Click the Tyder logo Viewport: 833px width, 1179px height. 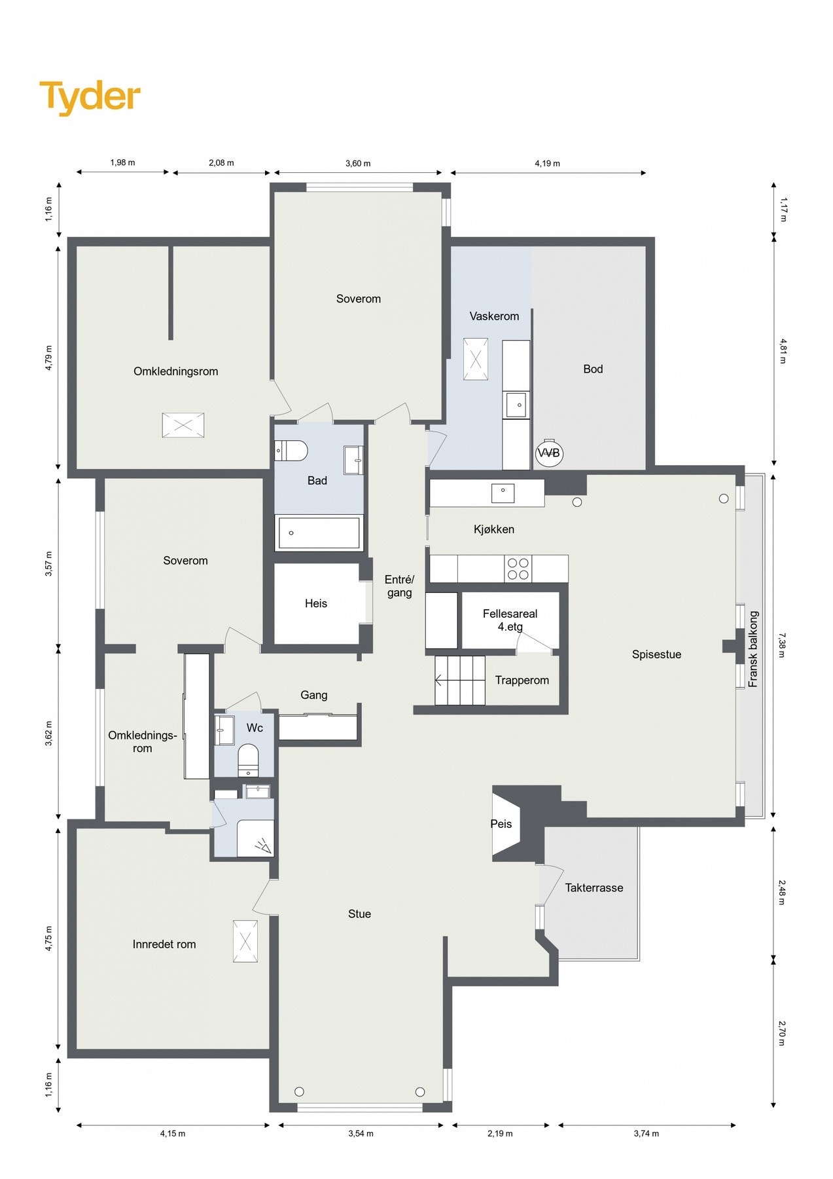[90, 97]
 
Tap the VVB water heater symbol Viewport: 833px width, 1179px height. [548, 453]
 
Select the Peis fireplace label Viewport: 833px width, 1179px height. [501, 824]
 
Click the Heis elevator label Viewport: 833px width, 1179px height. [316, 603]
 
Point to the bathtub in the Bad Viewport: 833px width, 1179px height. [319, 533]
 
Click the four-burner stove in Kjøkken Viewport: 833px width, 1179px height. [518, 569]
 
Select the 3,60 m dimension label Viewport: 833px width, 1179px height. [358, 164]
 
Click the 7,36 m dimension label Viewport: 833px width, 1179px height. [782, 646]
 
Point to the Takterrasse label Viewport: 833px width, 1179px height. [594, 888]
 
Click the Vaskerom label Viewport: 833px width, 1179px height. [494, 316]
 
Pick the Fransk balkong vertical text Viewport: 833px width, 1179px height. [753, 649]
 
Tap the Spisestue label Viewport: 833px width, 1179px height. [656, 654]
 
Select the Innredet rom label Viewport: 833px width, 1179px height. [164, 944]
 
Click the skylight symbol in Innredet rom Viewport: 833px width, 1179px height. [245, 941]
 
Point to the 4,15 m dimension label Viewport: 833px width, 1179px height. [173, 1134]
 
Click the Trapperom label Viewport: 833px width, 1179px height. [522, 681]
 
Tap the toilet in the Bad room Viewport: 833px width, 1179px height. [292, 451]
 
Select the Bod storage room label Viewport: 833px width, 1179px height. [593, 369]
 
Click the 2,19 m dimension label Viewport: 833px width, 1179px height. [500, 1134]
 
